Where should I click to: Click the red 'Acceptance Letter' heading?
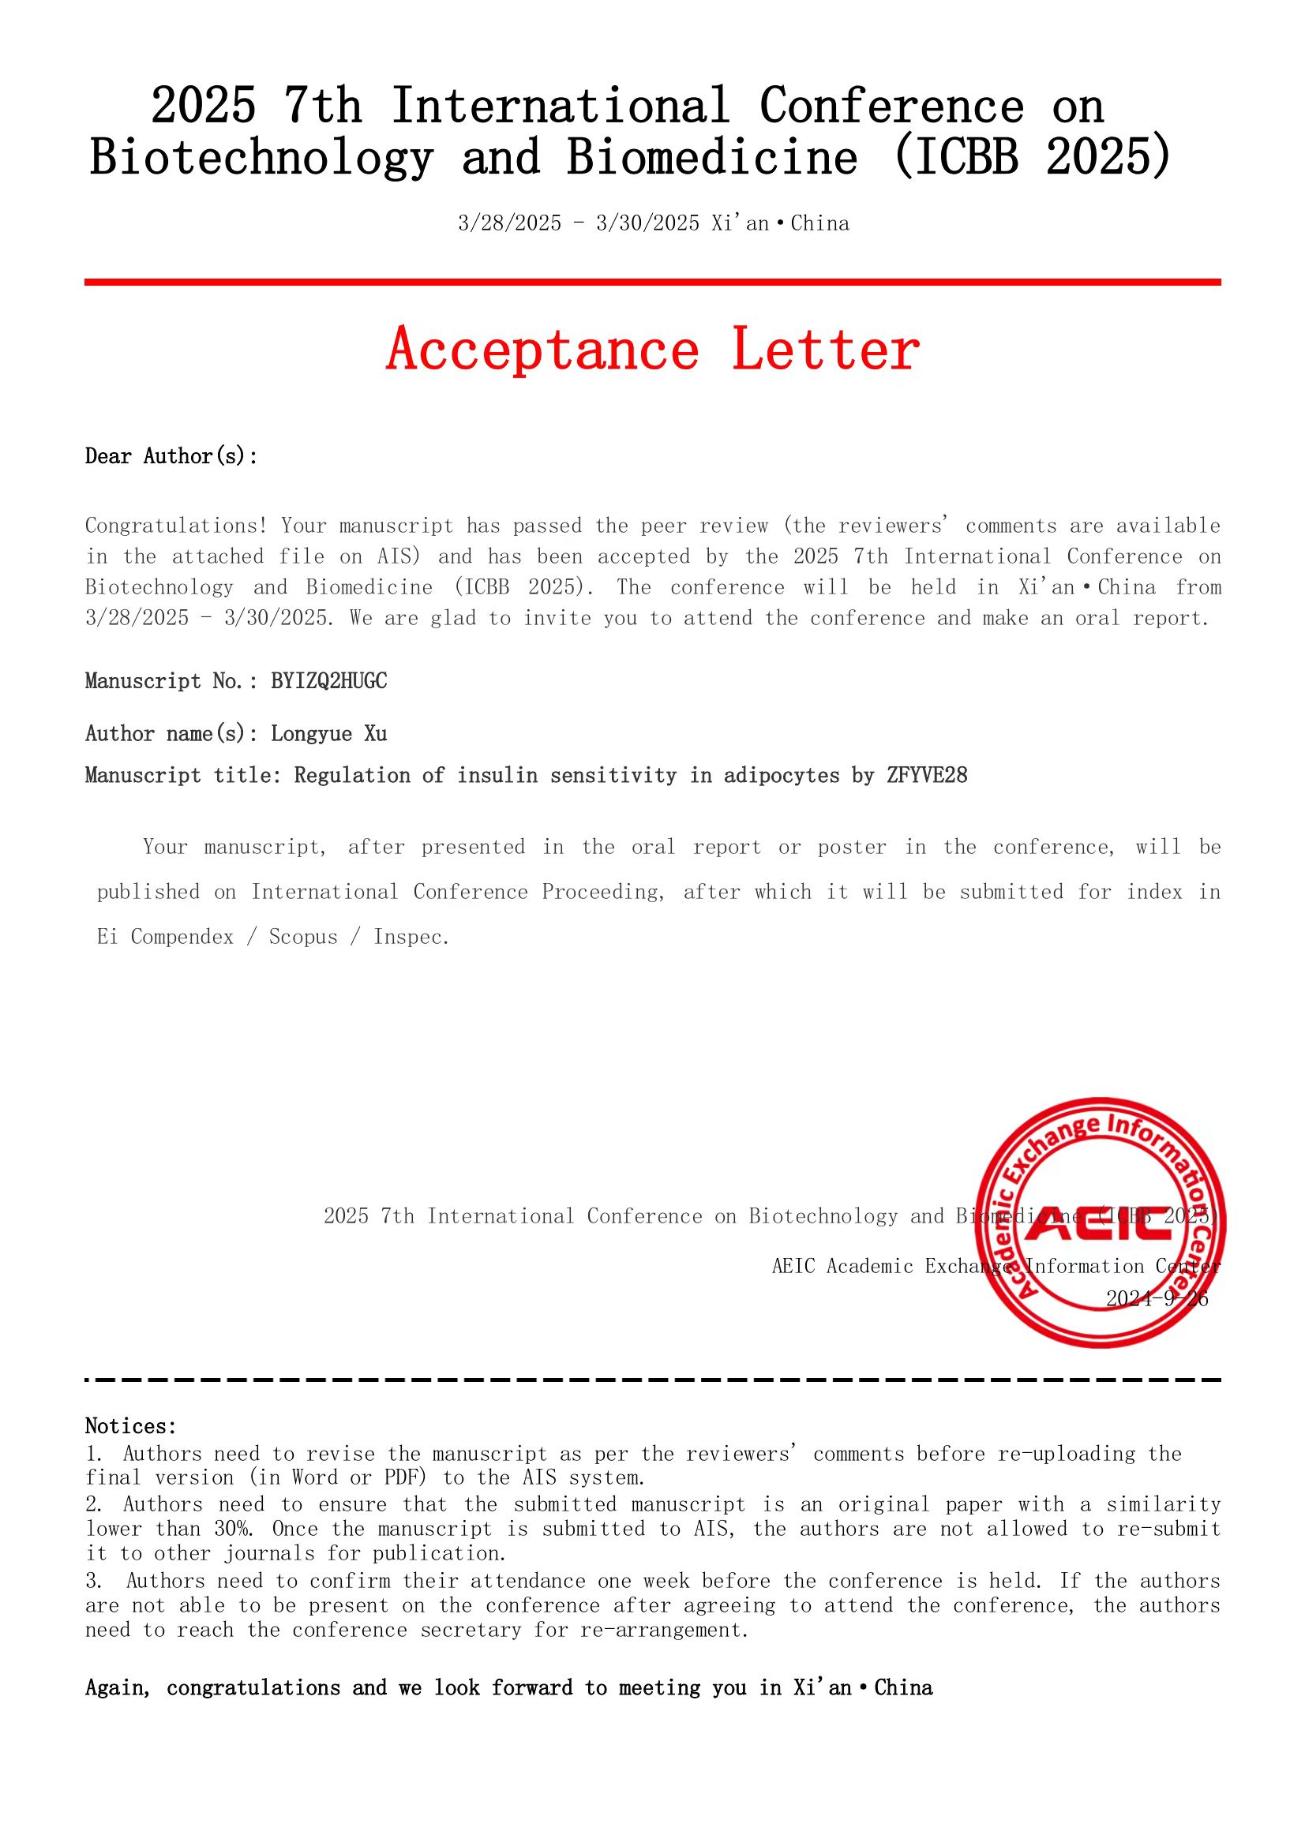pyautogui.click(x=652, y=350)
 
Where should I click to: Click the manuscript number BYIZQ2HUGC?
pyautogui.click(x=328, y=681)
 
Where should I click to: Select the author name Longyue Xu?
pyautogui.click(x=328, y=733)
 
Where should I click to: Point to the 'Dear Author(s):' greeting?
pyautogui.click(x=171, y=456)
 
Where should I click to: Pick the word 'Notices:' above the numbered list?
pyautogui.click(x=130, y=1426)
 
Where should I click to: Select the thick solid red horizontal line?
pyautogui.click(x=652, y=282)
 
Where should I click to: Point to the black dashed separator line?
pyautogui.click(x=652, y=1380)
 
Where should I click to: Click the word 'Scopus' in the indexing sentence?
pyautogui.click(x=303, y=937)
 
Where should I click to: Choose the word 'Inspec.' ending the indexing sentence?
pyautogui.click(x=411, y=937)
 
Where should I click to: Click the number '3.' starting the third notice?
pyautogui.click(x=94, y=1581)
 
